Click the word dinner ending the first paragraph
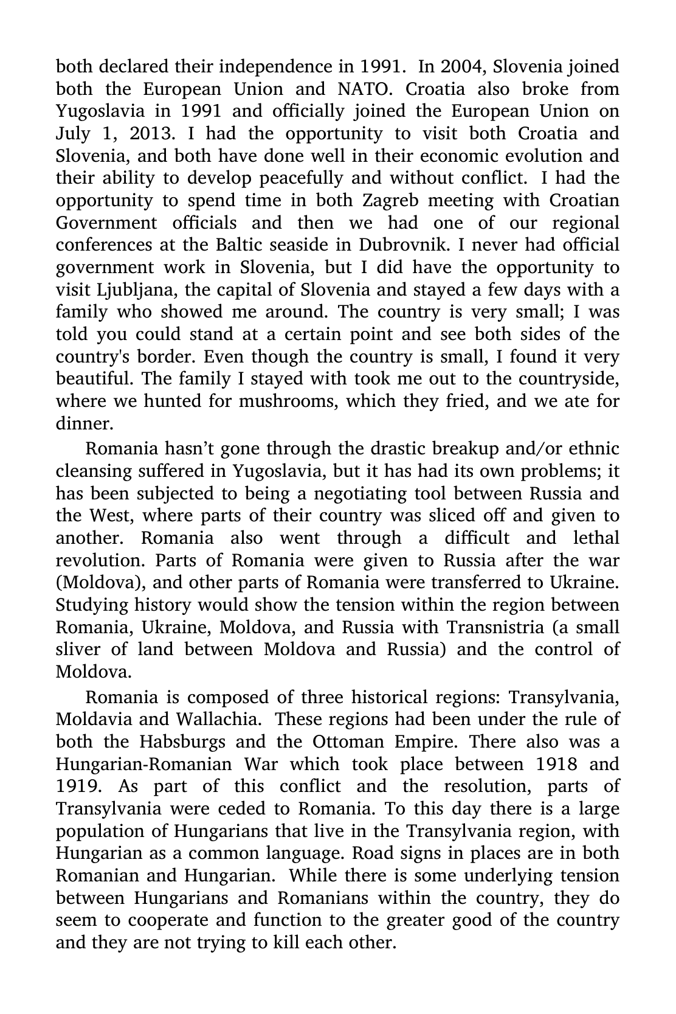(84, 424)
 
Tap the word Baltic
(240, 245)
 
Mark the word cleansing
(94, 471)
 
